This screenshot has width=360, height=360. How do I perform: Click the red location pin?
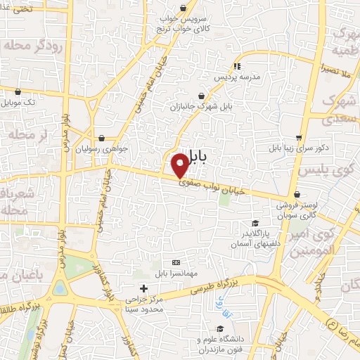tap(180, 165)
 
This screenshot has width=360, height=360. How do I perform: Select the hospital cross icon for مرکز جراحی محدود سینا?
tap(143, 288)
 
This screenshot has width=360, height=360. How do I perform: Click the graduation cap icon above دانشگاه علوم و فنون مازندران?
tap(220, 328)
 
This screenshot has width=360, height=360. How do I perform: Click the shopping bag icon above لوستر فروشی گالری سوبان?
tap(299, 195)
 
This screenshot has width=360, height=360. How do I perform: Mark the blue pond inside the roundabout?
tap(59, 289)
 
